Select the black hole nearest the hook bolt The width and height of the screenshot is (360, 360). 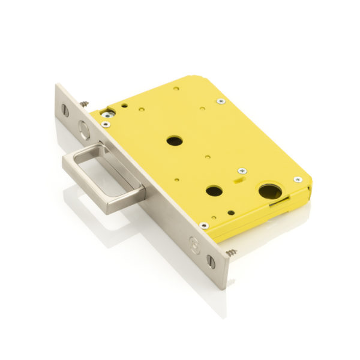[x=175, y=141]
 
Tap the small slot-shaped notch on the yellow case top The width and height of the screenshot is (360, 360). [x=239, y=178]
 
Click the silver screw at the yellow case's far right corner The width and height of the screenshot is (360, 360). [x=297, y=179]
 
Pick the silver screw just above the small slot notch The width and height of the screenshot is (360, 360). [x=242, y=170]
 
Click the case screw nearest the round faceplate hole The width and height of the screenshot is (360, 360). [x=106, y=124]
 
